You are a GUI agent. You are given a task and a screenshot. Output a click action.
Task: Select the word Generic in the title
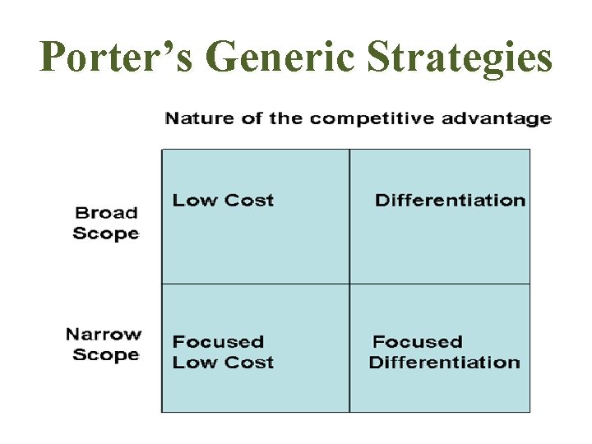275,58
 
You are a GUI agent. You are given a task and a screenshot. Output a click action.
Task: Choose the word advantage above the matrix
497,118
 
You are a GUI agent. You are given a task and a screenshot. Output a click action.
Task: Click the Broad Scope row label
106,223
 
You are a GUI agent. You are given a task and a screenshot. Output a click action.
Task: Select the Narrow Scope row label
104,345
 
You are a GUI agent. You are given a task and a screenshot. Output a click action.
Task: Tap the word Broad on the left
107,213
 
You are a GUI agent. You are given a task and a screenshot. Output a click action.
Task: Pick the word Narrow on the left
104,335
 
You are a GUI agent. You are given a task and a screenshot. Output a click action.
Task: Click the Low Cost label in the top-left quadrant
223,200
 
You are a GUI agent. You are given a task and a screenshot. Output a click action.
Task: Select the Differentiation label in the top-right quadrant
450,200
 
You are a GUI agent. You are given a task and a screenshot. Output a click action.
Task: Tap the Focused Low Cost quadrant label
223,352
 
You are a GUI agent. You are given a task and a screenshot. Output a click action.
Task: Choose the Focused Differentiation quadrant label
445,352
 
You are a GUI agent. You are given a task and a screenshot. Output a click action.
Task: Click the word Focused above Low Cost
218,341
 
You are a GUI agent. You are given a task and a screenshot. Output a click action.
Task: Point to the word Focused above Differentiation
418,341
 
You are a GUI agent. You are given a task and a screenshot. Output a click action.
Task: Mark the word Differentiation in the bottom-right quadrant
445,363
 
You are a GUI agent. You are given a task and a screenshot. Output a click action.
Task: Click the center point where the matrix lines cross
349,284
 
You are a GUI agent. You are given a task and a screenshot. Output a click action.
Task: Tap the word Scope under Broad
106,233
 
